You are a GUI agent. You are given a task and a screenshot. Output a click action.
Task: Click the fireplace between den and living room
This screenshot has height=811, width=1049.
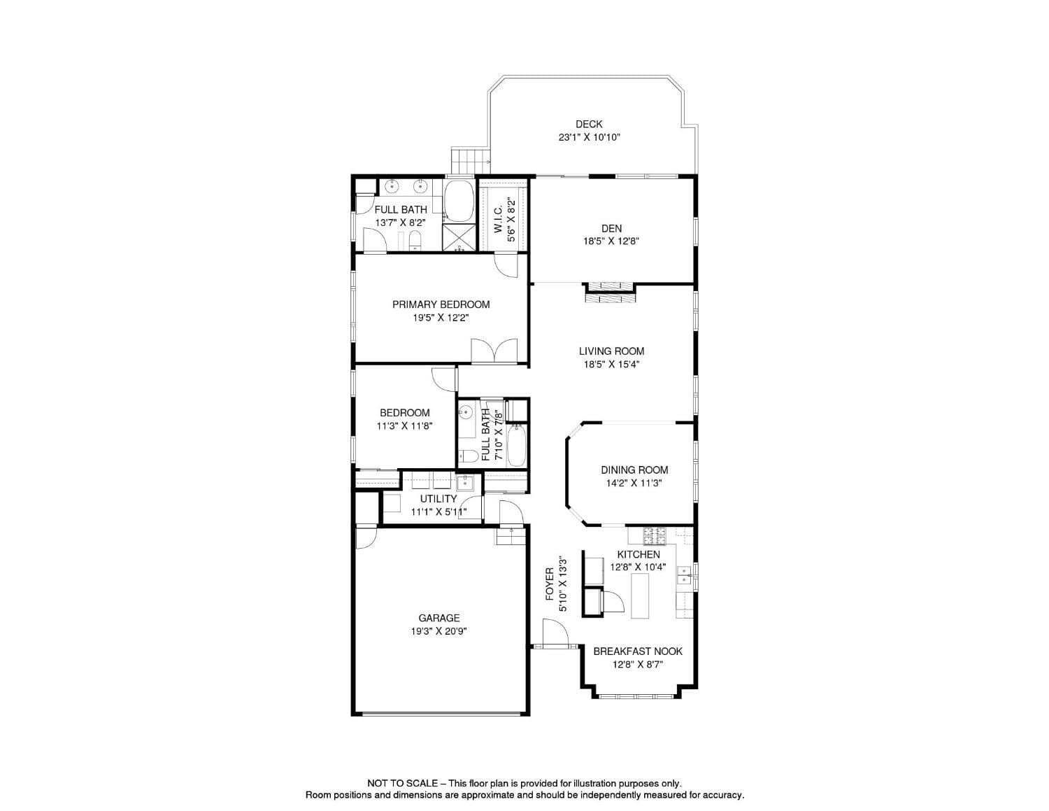point(610,293)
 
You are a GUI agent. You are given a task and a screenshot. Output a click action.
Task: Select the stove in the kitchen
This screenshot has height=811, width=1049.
point(656,536)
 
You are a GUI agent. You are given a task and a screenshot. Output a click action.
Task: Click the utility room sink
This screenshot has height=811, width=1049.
point(465,482)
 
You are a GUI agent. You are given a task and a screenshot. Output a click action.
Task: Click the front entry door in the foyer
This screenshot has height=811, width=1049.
point(555,636)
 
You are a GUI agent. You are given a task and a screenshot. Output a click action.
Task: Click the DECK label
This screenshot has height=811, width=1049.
point(589,124)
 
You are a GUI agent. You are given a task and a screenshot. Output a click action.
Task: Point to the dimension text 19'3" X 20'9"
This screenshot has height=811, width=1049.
point(439,631)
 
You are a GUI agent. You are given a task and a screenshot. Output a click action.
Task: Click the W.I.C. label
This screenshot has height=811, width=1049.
point(498,220)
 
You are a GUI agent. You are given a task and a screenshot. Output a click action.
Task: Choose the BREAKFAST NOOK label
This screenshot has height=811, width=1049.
point(637,651)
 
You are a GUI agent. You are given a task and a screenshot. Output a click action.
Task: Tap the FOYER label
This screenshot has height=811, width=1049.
point(550,584)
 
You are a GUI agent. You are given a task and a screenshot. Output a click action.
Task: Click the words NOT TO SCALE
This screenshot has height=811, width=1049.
point(402,784)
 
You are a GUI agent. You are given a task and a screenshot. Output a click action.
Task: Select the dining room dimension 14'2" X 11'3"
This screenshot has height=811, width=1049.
point(634,483)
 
